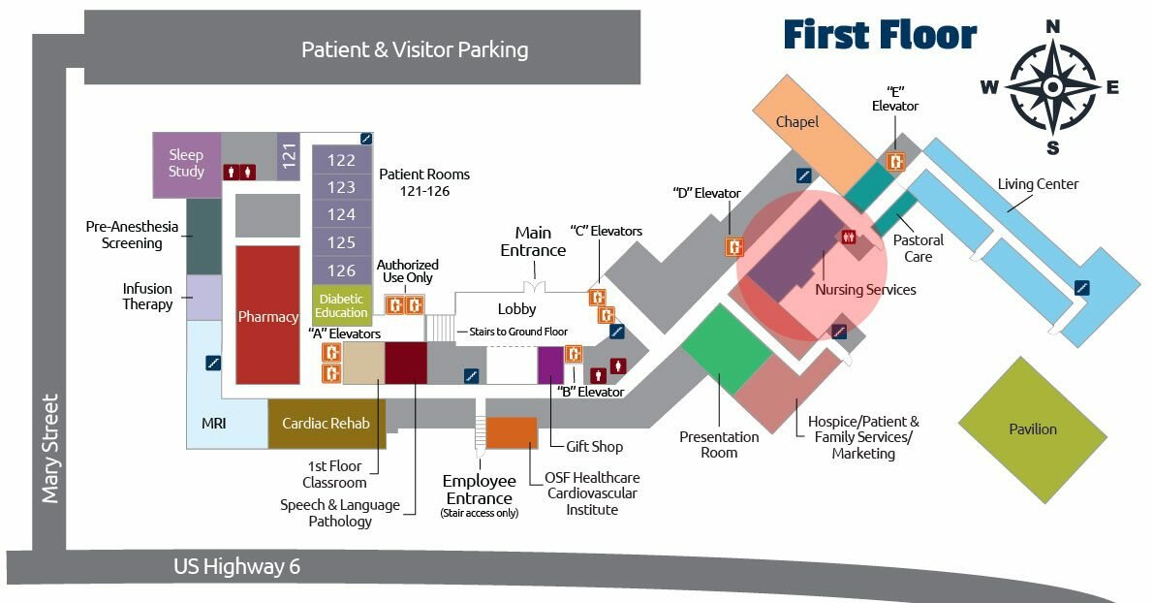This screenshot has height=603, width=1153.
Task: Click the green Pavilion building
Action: click(1032, 428)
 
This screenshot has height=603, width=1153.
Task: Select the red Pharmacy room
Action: click(268, 316)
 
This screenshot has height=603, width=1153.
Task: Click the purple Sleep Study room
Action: click(186, 163)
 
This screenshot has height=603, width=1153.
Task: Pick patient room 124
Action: click(341, 214)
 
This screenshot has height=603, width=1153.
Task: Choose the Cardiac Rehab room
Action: click(326, 424)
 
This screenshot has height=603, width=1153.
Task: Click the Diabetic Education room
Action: click(341, 305)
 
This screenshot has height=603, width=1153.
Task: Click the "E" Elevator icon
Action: click(896, 161)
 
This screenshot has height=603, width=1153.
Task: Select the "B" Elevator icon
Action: click(574, 354)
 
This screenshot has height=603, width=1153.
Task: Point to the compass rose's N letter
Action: click(1053, 27)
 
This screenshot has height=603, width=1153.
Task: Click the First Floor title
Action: click(880, 35)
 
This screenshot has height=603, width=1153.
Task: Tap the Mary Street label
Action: click(50, 448)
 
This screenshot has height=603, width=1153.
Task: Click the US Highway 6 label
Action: click(236, 566)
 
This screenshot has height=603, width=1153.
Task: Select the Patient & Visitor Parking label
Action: click(415, 49)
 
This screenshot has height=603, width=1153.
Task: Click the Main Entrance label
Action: click(533, 241)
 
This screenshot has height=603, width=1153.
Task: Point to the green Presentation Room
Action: click(727, 349)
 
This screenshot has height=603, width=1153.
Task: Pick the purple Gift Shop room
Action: click(550, 365)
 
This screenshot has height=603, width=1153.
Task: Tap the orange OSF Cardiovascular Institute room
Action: click(511, 432)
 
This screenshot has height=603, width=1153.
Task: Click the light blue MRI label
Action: click(213, 423)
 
